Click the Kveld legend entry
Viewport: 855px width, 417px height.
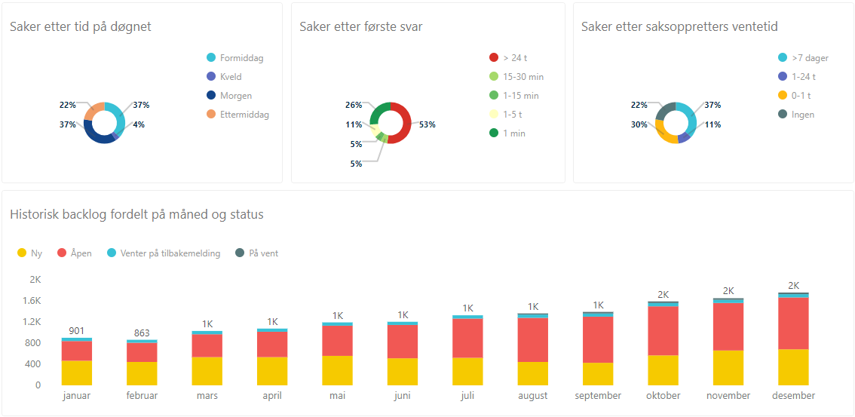click(231, 77)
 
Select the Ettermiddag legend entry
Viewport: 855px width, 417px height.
click(244, 115)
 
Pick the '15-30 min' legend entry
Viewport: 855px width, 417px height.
click(522, 77)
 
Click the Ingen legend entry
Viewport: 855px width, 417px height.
click(802, 115)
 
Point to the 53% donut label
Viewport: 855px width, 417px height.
click(427, 124)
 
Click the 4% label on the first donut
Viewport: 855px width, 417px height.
click(138, 124)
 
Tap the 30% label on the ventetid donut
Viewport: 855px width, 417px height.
click(639, 124)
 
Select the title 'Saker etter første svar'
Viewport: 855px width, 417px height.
click(360, 27)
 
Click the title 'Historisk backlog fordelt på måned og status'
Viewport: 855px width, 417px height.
click(136, 215)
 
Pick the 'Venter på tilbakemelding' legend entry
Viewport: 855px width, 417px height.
click(170, 253)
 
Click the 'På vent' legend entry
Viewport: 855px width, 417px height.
click(263, 253)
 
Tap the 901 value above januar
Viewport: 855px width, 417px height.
click(76, 330)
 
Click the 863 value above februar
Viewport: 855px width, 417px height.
click(142, 333)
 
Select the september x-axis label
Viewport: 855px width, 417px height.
click(598, 396)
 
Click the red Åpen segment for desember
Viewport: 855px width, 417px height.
click(793, 323)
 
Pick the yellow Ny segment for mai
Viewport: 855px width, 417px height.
click(337, 370)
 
